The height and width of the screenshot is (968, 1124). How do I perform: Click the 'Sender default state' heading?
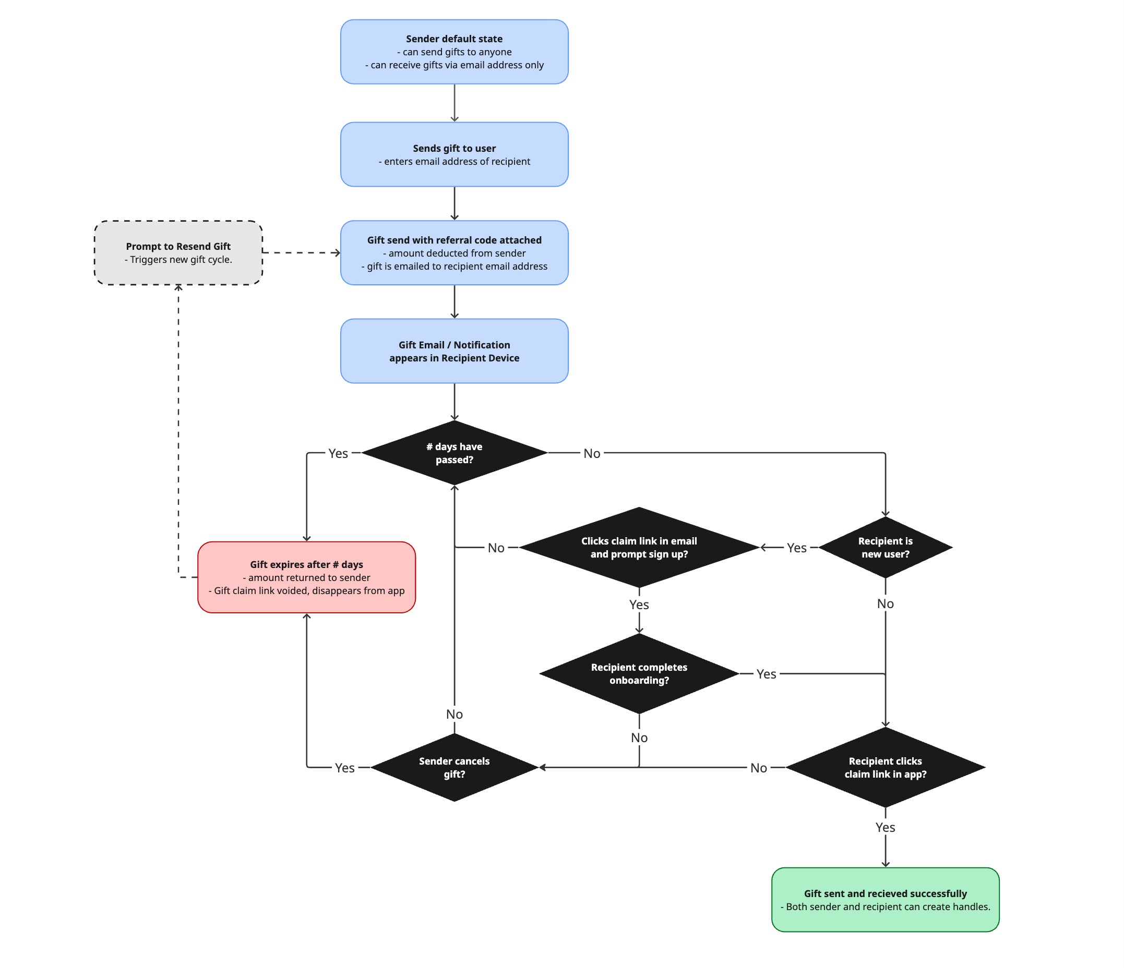pos(454,39)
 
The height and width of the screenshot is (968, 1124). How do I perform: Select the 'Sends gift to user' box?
pos(454,154)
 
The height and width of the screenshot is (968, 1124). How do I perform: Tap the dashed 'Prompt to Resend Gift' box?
pos(178,253)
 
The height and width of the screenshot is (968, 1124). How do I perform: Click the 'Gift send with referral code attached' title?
pos(454,240)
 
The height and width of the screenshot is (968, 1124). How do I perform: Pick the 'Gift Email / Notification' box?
pos(454,351)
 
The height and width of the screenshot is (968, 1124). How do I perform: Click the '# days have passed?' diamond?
pos(454,453)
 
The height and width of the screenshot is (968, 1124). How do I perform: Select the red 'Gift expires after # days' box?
pos(306,577)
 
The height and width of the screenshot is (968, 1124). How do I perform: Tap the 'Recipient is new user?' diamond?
pos(885,547)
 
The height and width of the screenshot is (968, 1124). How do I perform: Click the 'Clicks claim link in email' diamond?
pos(639,547)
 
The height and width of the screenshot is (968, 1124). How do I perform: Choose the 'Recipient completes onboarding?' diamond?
pos(639,673)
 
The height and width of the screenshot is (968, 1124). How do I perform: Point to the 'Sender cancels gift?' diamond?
pos(454,767)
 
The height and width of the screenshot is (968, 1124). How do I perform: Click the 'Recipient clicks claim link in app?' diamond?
pos(885,767)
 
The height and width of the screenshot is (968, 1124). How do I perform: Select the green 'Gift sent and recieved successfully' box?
pos(885,900)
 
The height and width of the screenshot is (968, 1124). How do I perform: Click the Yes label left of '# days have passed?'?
pos(338,453)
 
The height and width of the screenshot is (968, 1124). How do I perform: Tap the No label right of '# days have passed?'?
pos(591,453)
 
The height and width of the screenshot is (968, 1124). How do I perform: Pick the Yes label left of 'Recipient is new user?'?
pos(796,548)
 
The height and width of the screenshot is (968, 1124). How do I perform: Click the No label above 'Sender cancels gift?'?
pos(454,714)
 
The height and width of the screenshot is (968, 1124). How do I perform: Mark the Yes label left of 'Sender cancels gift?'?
pos(344,768)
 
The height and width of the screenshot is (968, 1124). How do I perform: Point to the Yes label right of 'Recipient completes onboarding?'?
pos(766,674)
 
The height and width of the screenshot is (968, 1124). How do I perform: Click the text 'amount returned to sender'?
pos(309,577)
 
